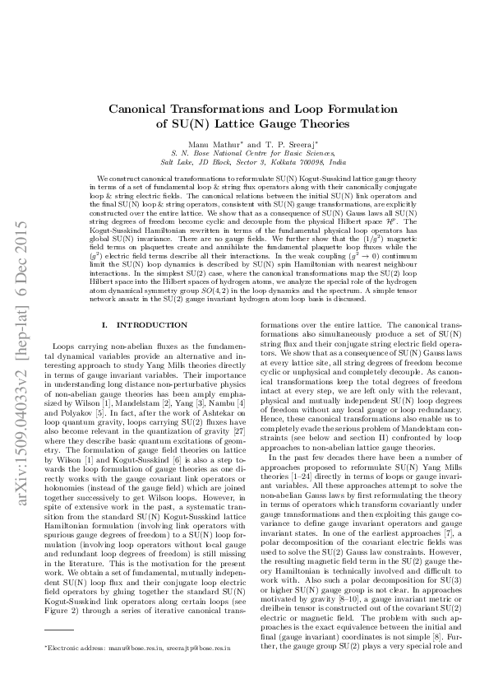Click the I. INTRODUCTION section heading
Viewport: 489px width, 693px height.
(141, 325)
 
